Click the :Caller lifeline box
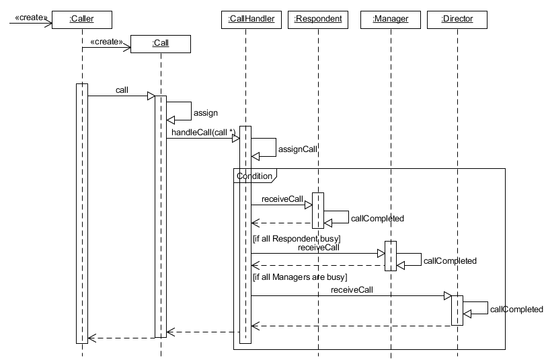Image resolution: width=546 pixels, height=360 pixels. point(81,20)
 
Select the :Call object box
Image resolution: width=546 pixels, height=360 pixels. point(161,44)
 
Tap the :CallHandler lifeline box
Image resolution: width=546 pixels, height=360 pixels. point(247,20)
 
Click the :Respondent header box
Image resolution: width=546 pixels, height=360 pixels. point(318,20)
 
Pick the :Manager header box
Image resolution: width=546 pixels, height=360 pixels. point(390,20)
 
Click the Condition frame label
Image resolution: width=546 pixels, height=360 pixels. point(254,176)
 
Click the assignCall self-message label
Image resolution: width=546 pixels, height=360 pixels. point(297,149)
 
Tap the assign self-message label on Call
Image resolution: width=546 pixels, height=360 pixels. point(205,113)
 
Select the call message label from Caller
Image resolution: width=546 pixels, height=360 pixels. point(122,89)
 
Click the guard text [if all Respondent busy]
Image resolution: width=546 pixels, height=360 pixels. point(297,238)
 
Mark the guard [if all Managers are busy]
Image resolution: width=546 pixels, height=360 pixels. point(299,277)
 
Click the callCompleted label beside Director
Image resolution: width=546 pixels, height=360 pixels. point(516,310)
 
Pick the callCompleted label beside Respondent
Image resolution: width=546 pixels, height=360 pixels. point(377,219)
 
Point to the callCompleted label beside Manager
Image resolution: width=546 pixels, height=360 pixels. point(449,260)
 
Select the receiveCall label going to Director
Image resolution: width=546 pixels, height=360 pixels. point(352,289)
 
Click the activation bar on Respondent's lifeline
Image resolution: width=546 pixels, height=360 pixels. point(318,211)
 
